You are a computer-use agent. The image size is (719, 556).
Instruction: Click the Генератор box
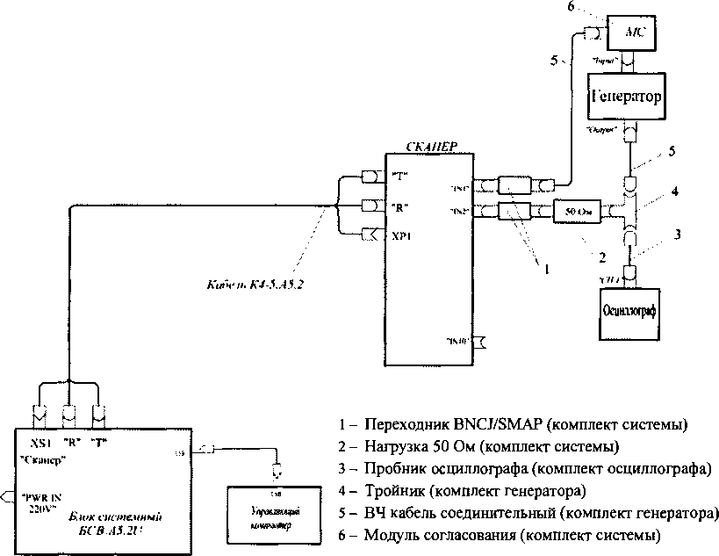[623, 93]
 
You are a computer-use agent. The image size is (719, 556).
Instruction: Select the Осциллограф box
[629, 310]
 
